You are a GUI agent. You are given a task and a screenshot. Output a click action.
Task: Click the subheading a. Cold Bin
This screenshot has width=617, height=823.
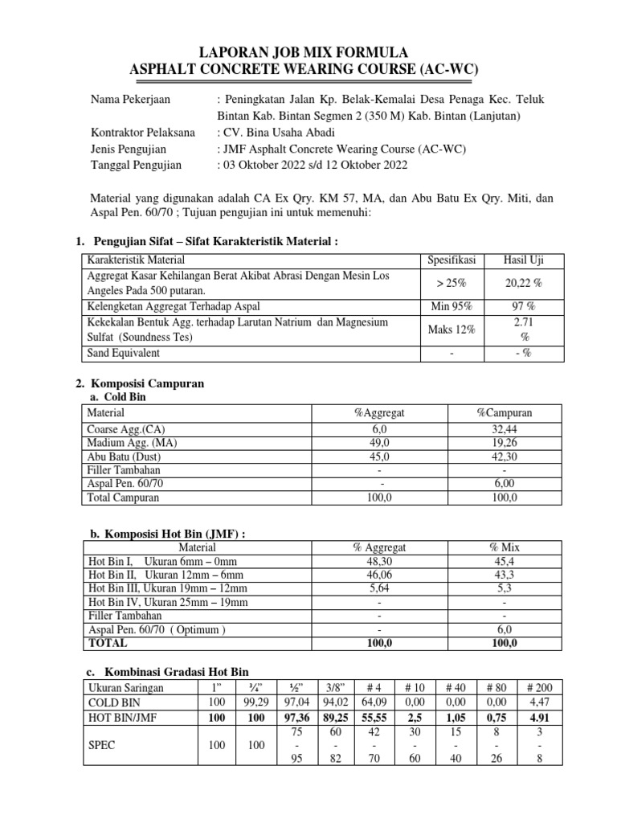115,397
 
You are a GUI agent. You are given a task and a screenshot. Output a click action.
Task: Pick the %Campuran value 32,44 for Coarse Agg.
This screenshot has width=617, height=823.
505,429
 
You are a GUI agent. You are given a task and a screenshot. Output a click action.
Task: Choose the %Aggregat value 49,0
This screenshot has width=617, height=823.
379,443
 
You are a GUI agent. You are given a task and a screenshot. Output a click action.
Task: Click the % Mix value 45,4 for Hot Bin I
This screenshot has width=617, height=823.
505,562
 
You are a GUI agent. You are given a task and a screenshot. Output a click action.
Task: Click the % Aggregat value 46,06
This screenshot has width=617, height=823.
379,575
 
